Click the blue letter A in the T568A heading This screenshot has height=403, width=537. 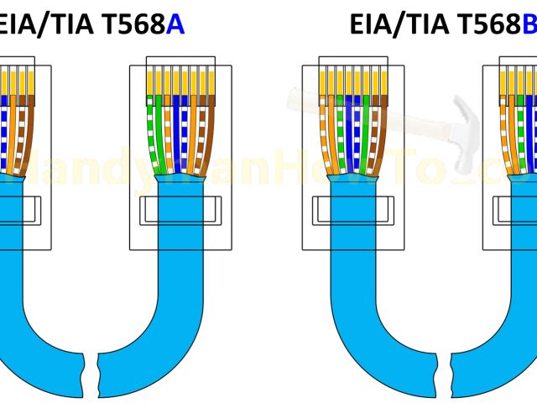pyautogui.click(x=175, y=26)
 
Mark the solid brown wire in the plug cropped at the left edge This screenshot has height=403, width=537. pyautogui.click(x=31, y=126)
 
